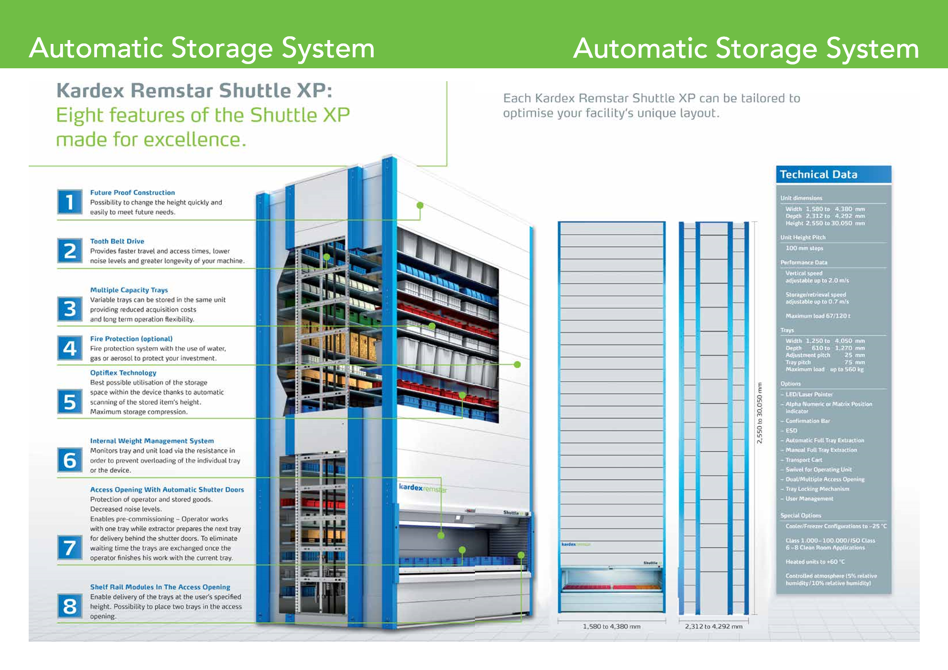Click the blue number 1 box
click(x=70, y=202)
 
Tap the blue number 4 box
click(x=70, y=348)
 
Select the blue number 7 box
click(x=70, y=547)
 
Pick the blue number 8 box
click(x=70, y=606)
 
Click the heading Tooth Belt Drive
click(x=117, y=241)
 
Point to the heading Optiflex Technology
click(x=123, y=372)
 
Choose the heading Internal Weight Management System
click(x=152, y=441)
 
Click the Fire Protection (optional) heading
click(x=131, y=339)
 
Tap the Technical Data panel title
click(x=819, y=174)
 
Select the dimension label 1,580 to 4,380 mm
click(x=612, y=627)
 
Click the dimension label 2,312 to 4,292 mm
click(x=714, y=627)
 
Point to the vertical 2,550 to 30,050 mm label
click(x=760, y=413)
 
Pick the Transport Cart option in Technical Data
click(x=804, y=460)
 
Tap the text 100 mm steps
click(x=804, y=248)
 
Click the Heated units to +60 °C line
click(x=815, y=562)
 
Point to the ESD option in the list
click(x=791, y=431)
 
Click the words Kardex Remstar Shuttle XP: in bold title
click(x=194, y=90)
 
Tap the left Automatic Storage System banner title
click(x=202, y=48)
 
